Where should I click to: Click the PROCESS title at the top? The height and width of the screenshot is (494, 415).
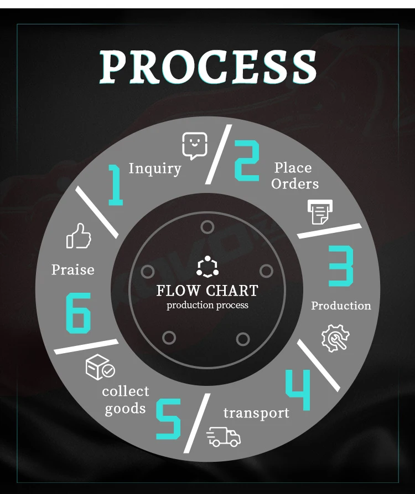(x=207, y=67)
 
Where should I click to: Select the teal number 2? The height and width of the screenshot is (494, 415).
(x=246, y=161)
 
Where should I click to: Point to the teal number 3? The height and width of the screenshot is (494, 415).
(x=341, y=266)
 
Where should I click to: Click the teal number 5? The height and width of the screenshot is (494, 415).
(x=168, y=419)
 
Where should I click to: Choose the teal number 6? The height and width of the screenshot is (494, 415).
(x=78, y=313)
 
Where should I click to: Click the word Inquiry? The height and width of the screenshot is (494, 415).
(x=155, y=168)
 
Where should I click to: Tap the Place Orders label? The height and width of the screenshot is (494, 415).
(x=295, y=175)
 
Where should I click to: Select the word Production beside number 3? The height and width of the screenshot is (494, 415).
(x=341, y=305)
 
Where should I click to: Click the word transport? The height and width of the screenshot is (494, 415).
(x=256, y=413)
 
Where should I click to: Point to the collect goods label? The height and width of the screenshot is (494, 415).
(x=126, y=400)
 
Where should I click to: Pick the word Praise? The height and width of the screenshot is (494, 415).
(x=72, y=270)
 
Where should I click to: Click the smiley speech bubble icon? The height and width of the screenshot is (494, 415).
(x=195, y=146)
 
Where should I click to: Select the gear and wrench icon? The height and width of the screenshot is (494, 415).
(x=335, y=338)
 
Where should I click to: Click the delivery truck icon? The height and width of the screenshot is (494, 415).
(x=224, y=437)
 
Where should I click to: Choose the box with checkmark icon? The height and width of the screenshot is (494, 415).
(x=100, y=368)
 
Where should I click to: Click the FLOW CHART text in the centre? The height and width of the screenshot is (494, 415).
(x=207, y=291)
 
